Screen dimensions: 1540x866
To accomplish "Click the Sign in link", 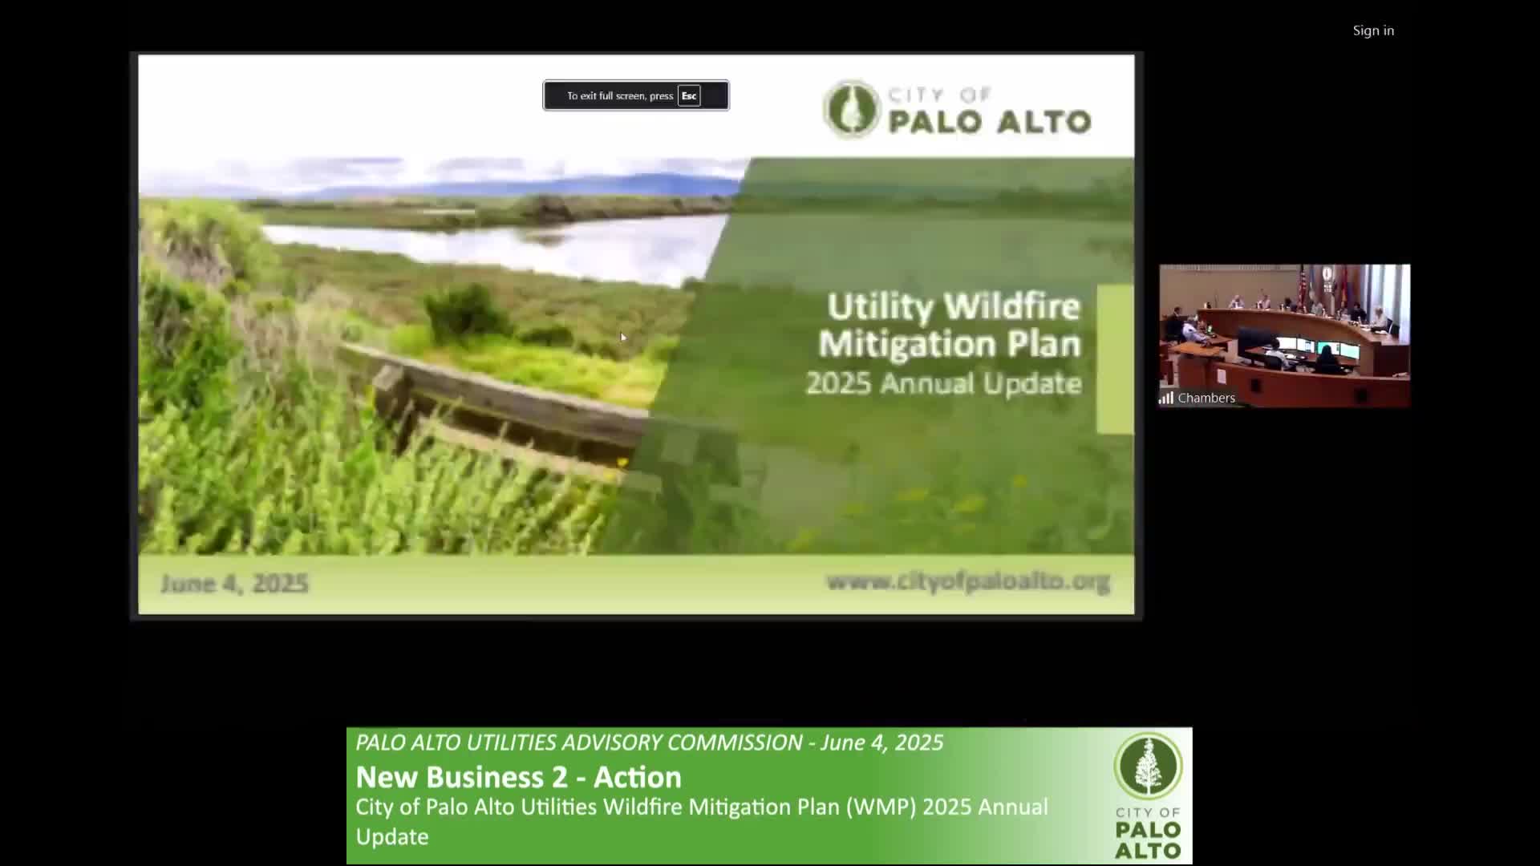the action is [1373, 30].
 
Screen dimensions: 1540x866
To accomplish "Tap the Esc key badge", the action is [689, 95].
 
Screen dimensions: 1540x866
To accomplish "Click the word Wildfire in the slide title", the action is [1012, 306].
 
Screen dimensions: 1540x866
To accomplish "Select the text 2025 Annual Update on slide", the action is [943, 383].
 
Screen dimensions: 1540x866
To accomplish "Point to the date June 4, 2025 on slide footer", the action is [234, 583].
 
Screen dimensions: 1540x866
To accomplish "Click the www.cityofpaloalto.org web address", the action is [968, 581].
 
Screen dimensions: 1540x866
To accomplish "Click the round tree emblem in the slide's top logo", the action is [852, 109].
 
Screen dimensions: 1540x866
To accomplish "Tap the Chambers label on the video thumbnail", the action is [1206, 398].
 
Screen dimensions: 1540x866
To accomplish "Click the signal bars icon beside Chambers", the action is [1166, 398].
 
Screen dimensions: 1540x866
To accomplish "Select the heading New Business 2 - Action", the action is [518, 777].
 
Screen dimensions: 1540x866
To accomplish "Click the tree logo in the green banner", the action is [1148, 766].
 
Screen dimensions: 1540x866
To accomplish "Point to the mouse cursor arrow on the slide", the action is [622, 337].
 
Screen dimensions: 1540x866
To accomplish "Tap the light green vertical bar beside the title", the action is [1115, 359].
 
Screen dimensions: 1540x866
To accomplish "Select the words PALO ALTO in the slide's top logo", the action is [989, 122].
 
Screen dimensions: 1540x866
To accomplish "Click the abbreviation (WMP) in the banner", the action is [881, 807].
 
